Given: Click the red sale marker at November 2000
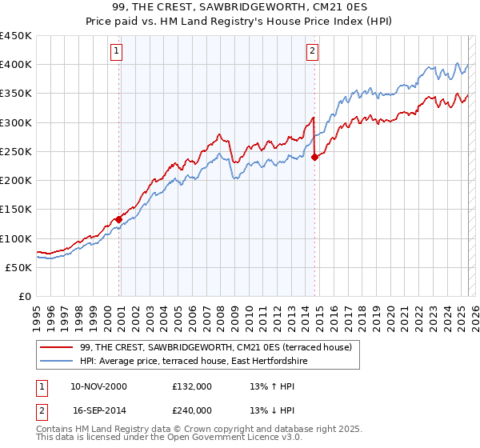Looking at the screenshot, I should pyautogui.click(x=119, y=218).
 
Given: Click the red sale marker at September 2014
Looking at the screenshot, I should pyautogui.click(x=314, y=157).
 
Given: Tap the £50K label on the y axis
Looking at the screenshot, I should pyautogui.click(x=19, y=267).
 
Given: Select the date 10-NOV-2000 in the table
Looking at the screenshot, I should pyautogui.click(x=98, y=386).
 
